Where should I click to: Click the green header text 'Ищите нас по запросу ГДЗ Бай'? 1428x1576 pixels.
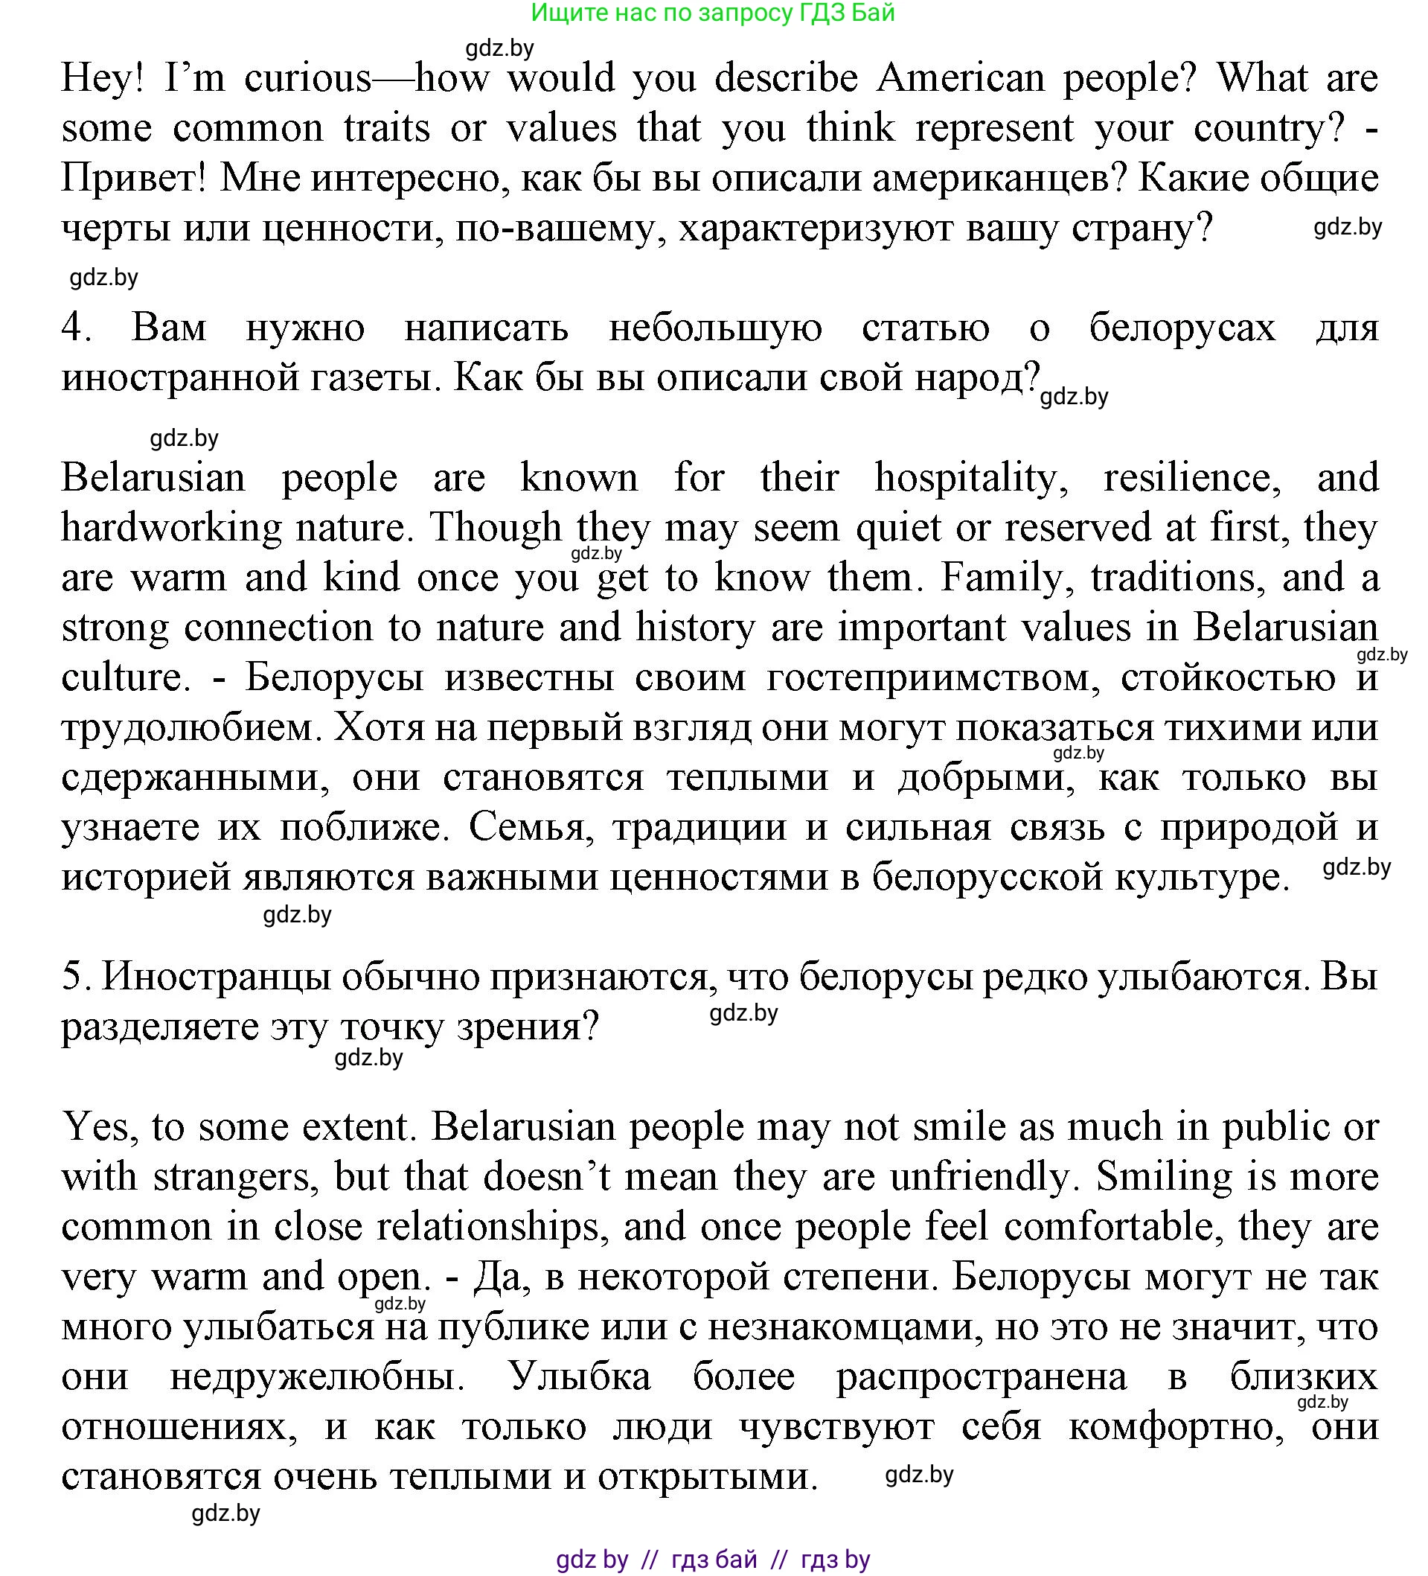(713, 13)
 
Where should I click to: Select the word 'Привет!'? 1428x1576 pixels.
(133, 178)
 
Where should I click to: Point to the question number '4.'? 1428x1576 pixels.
(77, 328)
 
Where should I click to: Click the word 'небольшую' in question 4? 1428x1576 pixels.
(714, 328)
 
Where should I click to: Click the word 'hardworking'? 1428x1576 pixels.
(171, 528)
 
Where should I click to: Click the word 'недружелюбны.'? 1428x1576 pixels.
(317, 1376)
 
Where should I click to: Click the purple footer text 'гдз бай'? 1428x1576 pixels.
(714, 1560)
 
